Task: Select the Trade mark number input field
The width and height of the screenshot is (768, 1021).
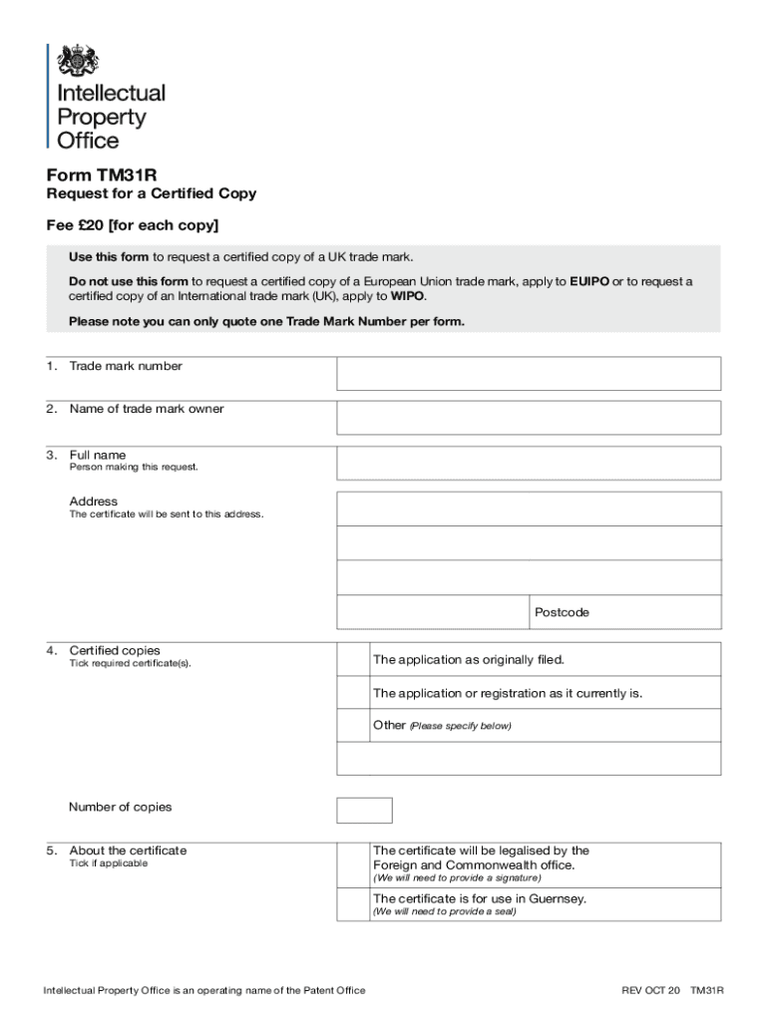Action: pos(529,374)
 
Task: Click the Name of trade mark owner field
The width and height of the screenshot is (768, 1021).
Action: pos(529,418)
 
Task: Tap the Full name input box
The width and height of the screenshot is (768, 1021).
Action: pos(529,463)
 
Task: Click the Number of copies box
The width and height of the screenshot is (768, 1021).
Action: pos(364,810)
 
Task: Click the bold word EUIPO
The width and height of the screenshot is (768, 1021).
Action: pos(588,282)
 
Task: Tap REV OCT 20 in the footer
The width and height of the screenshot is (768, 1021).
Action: pos(650,990)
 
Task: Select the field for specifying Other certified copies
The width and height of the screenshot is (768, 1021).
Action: pos(529,759)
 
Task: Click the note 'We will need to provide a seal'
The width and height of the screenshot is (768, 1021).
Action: pos(445,912)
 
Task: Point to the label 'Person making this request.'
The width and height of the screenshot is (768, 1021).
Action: pos(134,468)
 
